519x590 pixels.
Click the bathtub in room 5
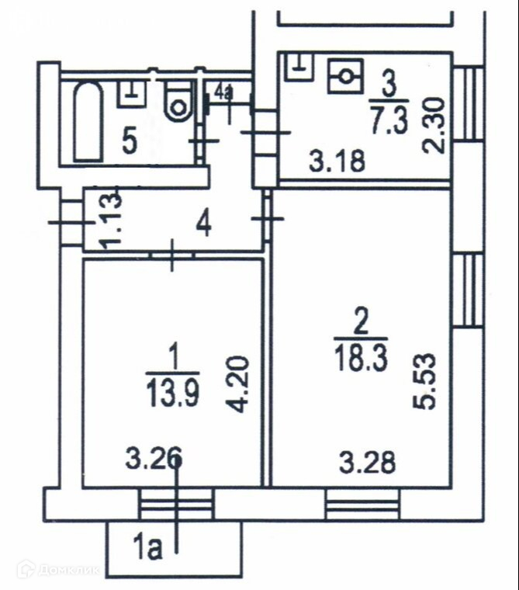click(x=88, y=123)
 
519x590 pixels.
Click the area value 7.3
click(x=389, y=123)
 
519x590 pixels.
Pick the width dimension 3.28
click(x=368, y=463)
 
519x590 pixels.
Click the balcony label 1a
click(x=147, y=550)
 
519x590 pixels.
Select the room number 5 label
click(x=130, y=141)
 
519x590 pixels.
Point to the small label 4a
click(x=223, y=94)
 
